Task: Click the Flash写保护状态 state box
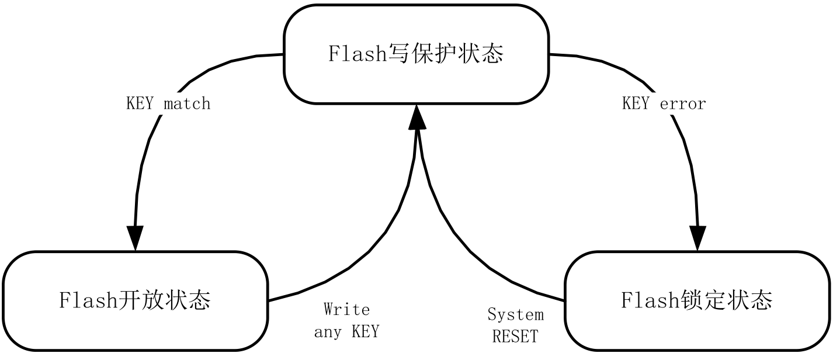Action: [x=416, y=54]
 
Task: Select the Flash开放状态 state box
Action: [x=135, y=301]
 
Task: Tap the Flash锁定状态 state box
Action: [x=697, y=301]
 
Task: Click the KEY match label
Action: [x=168, y=104]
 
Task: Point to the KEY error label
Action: [x=664, y=104]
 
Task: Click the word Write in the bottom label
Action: [x=346, y=309]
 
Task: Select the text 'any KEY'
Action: [x=346, y=332]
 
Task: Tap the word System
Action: [x=515, y=315]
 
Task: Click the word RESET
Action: [x=515, y=337]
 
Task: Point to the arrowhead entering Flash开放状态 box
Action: [x=135, y=238]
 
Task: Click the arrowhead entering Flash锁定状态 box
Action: [x=697, y=238]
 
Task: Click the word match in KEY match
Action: [x=187, y=104]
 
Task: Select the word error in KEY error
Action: [x=683, y=104]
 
